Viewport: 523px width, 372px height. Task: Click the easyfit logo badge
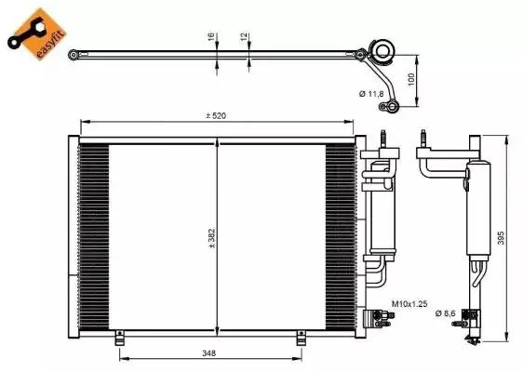pyautogui.click(x=37, y=34)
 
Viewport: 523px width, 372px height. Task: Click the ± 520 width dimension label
pyautogui.click(x=216, y=115)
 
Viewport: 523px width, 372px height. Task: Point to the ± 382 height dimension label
pyautogui.click(x=212, y=238)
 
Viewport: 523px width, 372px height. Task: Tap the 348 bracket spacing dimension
pyautogui.click(x=209, y=352)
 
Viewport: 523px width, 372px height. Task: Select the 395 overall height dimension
pyautogui.click(x=501, y=238)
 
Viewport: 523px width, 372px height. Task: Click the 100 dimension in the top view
pyautogui.click(x=411, y=79)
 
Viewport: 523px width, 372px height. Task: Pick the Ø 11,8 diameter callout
pyautogui.click(x=371, y=94)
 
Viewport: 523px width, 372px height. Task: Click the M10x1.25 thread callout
pyautogui.click(x=409, y=304)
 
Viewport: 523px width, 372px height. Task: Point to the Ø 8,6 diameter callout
pyautogui.click(x=445, y=313)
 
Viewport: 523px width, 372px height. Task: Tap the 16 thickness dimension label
pyautogui.click(x=211, y=37)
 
